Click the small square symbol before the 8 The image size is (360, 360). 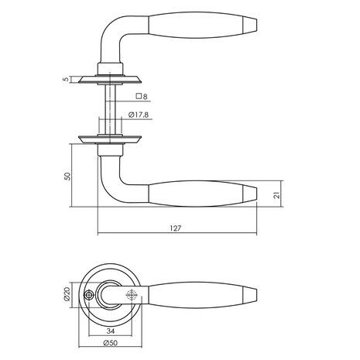pos(139,97)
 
